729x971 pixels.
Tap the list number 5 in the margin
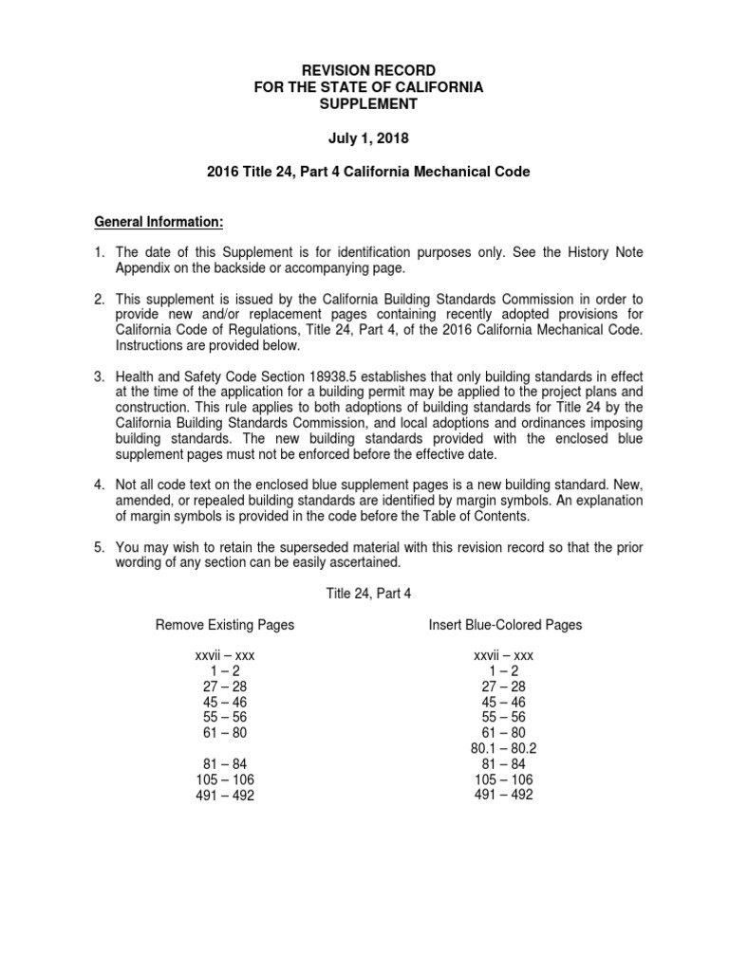99,547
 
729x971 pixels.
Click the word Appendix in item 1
143,267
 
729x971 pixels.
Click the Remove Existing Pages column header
225,625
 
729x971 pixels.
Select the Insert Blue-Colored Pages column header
504,625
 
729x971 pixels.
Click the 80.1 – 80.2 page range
503,747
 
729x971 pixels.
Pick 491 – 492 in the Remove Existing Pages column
225,796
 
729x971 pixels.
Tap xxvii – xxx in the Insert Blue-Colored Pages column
503,656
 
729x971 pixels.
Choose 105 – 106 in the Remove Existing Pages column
225,779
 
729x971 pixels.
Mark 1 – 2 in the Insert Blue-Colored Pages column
503,671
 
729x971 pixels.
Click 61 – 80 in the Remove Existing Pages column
225,732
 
